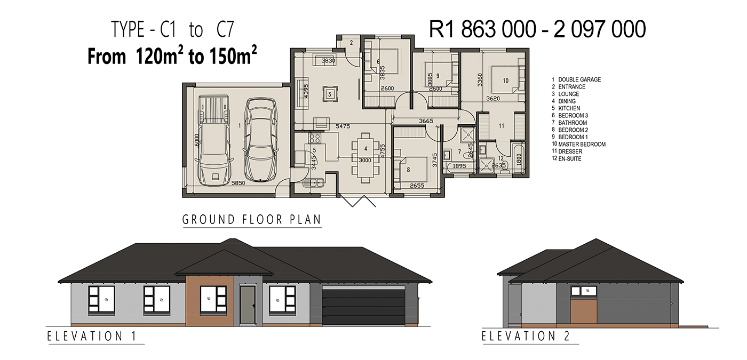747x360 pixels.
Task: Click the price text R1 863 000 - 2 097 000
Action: (x=537, y=29)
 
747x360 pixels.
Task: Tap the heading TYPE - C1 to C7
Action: (x=172, y=29)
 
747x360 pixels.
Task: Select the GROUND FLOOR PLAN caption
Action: (x=252, y=220)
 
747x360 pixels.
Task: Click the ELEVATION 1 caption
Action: (x=92, y=336)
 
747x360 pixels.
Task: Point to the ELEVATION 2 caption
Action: (x=526, y=336)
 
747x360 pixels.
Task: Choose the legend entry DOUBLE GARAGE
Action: (x=579, y=79)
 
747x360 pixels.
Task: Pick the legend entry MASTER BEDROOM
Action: (x=582, y=145)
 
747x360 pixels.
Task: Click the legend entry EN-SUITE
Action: (x=570, y=159)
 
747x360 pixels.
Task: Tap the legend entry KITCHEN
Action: (x=569, y=108)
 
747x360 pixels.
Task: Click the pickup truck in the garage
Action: (x=214, y=140)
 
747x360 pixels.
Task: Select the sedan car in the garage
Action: (x=261, y=140)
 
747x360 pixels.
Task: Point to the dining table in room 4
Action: (x=365, y=157)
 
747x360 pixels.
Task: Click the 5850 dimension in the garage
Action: (x=238, y=183)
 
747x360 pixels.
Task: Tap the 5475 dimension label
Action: (x=343, y=126)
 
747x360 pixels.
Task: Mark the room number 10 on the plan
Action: (x=506, y=81)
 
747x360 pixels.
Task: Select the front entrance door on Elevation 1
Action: (x=248, y=305)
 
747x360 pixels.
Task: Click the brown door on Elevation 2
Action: (x=584, y=311)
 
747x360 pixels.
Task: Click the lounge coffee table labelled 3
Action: (x=330, y=94)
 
